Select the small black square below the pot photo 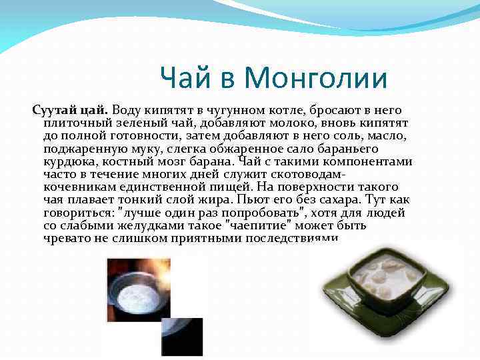(181, 337)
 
